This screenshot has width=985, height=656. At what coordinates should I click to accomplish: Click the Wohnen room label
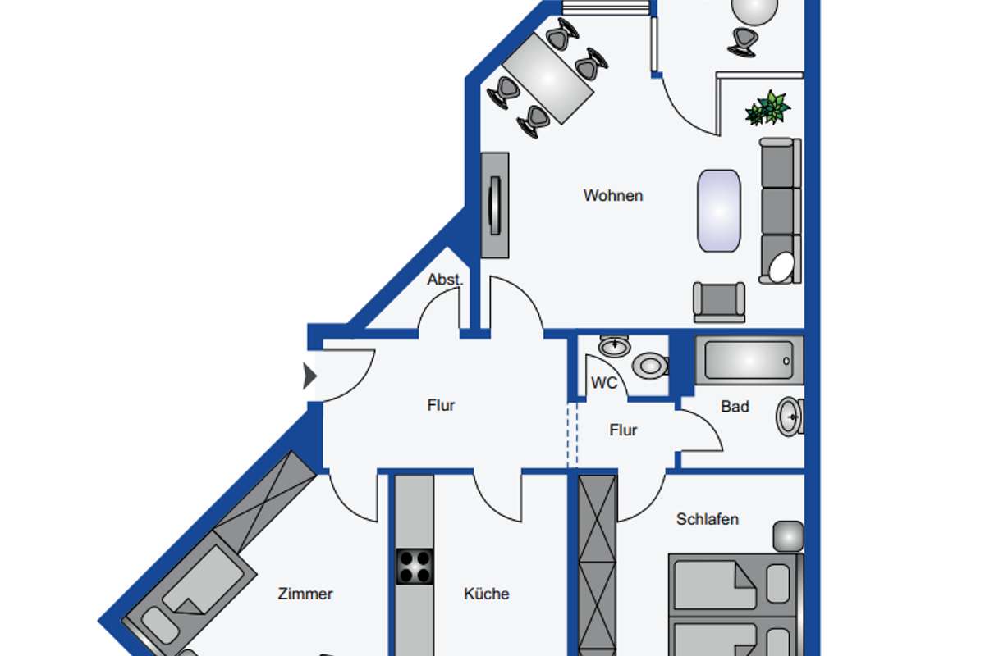[x=613, y=195]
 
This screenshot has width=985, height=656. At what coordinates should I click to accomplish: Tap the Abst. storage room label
[x=445, y=280]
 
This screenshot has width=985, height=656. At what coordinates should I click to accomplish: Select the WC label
[x=604, y=383]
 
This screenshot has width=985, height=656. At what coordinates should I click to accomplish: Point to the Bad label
[x=735, y=407]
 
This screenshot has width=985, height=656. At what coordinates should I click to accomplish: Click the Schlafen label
[x=707, y=519]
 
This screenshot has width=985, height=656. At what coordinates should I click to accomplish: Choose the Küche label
[x=486, y=594]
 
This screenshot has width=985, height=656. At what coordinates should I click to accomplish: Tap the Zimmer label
[x=305, y=594]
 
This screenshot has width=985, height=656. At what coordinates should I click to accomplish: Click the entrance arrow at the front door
[x=309, y=376]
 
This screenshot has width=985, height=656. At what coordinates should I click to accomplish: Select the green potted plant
[x=767, y=108]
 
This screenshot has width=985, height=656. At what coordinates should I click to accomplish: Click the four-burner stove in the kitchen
[x=415, y=567]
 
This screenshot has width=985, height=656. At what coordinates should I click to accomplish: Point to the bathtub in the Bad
[x=749, y=361]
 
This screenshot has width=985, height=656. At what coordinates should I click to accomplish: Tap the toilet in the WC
[x=651, y=366]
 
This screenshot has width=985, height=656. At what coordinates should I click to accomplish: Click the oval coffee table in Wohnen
[x=719, y=211]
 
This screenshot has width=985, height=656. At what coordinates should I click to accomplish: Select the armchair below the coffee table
[x=719, y=303]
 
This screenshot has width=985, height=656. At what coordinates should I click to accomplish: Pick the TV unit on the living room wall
[x=495, y=205]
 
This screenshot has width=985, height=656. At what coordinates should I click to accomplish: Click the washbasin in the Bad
[x=790, y=417]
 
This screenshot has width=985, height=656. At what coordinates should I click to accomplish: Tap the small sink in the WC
[x=614, y=346]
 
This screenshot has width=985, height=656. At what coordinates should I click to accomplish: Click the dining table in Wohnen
[x=548, y=79]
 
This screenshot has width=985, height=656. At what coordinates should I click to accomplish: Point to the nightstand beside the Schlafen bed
[x=789, y=536]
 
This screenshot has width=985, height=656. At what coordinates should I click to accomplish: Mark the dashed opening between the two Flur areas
[x=572, y=435]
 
